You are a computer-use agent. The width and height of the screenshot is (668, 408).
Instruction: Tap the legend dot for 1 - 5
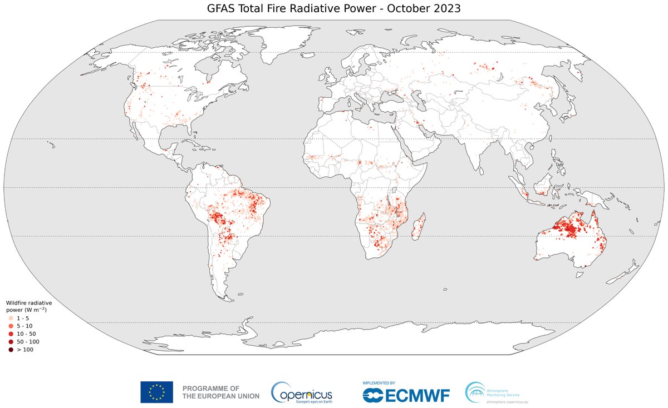click(11, 317)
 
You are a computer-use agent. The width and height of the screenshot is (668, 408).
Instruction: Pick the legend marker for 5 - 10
click(11, 325)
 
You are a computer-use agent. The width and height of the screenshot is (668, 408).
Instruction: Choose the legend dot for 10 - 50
click(11, 334)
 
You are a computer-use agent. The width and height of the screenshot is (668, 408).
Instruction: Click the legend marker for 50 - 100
click(11, 341)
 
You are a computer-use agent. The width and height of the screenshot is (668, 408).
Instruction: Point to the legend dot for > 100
click(11, 350)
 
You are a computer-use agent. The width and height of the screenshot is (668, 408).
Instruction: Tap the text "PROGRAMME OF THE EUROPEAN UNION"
click(220, 392)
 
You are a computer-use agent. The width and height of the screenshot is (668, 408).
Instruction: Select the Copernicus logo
click(301, 392)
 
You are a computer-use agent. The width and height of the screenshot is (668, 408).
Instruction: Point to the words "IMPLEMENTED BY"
click(379, 383)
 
